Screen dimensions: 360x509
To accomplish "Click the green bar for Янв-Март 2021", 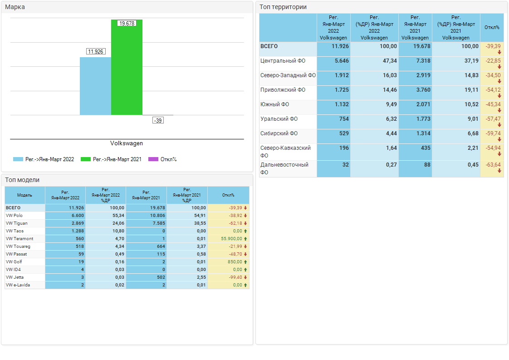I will click(x=127, y=68).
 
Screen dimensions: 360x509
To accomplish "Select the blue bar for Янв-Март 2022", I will click(x=95, y=86).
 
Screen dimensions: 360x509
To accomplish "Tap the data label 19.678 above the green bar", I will click(x=127, y=23).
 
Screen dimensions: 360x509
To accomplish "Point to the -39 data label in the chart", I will click(x=158, y=120).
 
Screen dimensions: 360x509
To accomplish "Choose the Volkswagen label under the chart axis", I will click(x=127, y=143).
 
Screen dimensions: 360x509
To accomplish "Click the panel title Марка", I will click(x=15, y=7).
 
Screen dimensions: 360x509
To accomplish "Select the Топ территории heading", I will click(x=283, y=7).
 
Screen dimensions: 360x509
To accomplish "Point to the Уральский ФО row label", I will click(x=279, y=119).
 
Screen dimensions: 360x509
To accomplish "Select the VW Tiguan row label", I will click(x=17, y=223).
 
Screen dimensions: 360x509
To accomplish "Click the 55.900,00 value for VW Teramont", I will click(x=231, y=239).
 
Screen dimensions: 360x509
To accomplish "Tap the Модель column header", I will click(x=24, y=195).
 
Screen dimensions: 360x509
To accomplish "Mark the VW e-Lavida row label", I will click(x=18, y=285).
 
